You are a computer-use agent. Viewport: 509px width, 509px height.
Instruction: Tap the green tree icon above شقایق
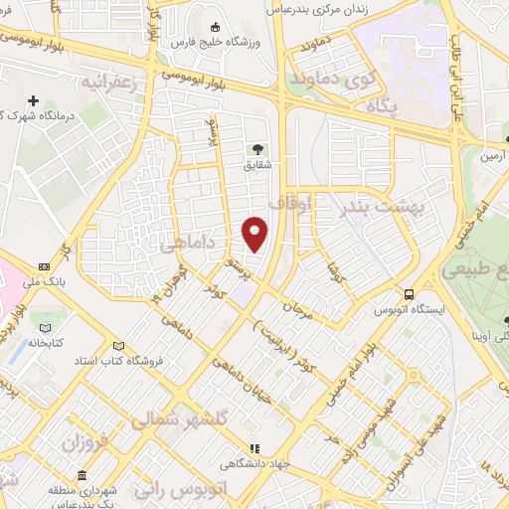[x=257, y=151]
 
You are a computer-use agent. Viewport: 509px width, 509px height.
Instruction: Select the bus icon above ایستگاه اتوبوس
[x=409, y=293]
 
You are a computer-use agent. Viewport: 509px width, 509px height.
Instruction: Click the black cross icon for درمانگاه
[x=34, y=100]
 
